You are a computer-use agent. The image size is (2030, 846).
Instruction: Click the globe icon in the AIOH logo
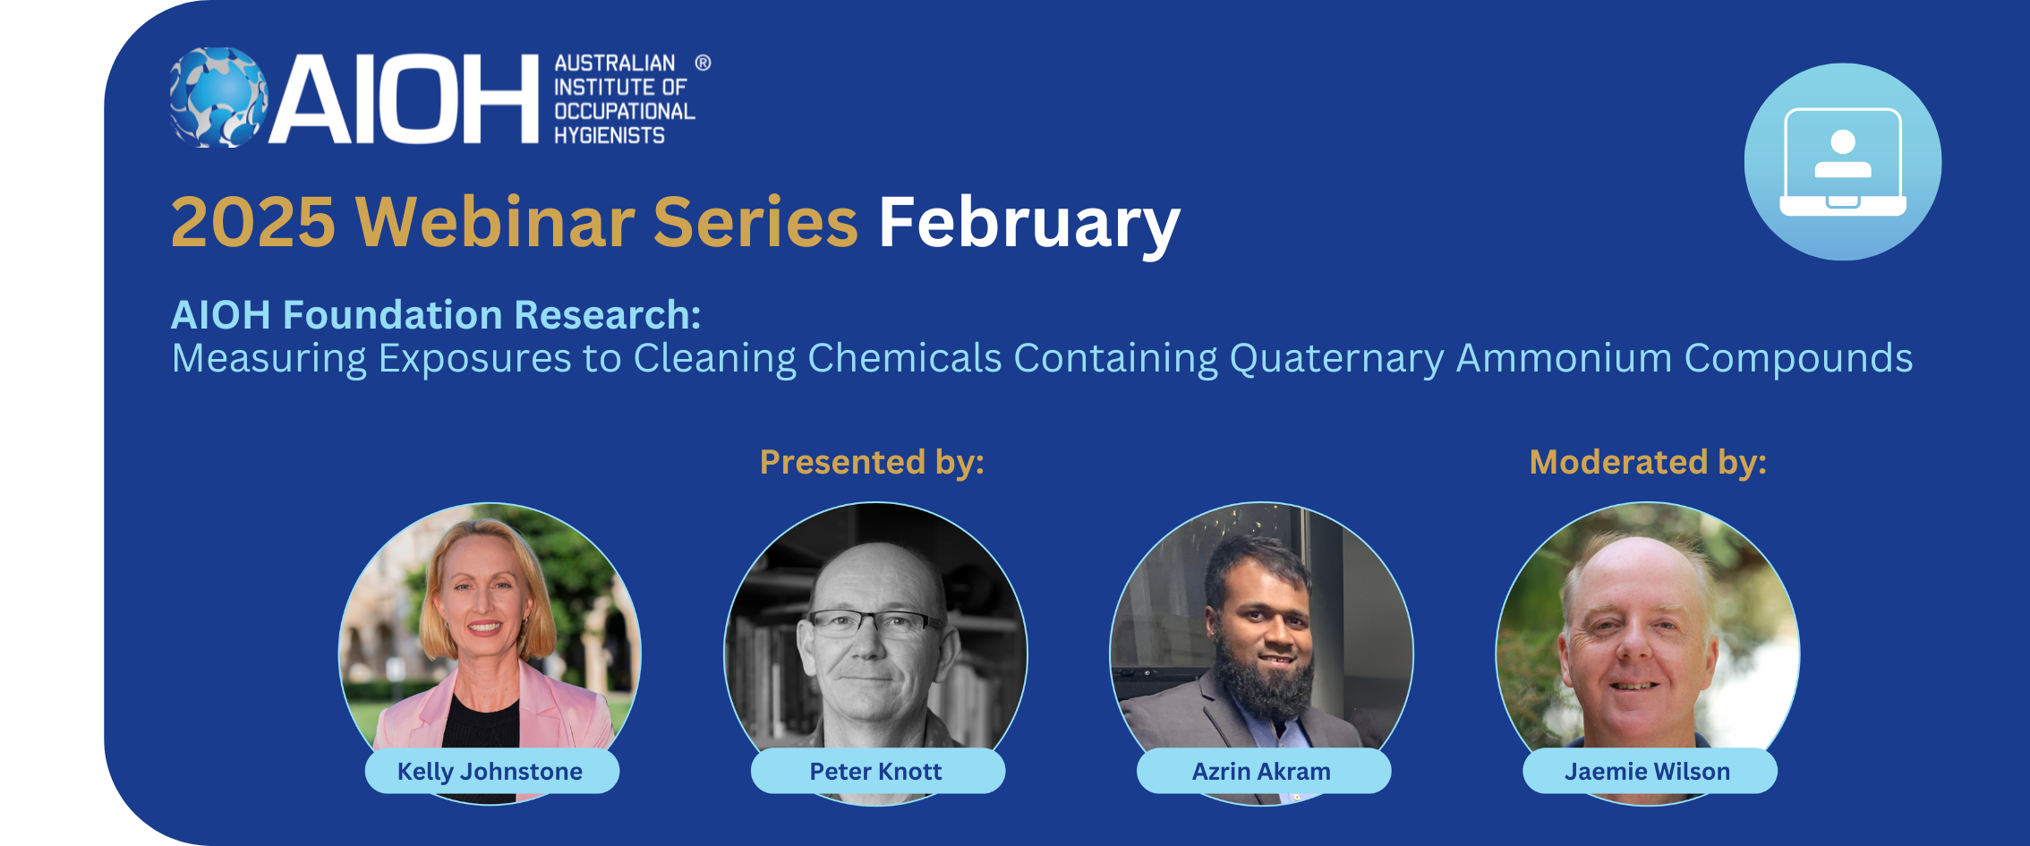tap(219, 97)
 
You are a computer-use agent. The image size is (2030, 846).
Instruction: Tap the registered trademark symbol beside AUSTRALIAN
tap(703, 63)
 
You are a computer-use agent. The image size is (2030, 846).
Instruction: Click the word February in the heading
tap(1029, 224)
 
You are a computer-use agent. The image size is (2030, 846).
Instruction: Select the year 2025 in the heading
tap(253, 222)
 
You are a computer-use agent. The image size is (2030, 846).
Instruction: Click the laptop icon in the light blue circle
tap(1843, 162)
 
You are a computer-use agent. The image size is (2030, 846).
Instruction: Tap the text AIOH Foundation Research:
tap(436, 315)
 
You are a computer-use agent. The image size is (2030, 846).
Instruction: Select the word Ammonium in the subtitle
tap(1564, 358)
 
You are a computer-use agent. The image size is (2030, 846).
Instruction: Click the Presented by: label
tap(872, 462)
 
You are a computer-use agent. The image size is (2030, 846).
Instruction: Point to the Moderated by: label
tap(1648, 462)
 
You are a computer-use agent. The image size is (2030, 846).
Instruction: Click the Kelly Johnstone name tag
tap(491, 771)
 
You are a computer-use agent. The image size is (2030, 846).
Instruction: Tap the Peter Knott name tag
tap(877, 771)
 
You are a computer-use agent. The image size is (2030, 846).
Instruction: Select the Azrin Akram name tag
tap(1263, 771)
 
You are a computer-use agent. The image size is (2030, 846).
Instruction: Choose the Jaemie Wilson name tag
tap(1649, 771)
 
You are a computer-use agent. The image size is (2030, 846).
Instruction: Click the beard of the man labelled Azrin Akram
tap(1263, 685)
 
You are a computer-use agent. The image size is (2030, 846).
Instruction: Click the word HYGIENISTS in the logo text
tap(610, 135)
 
